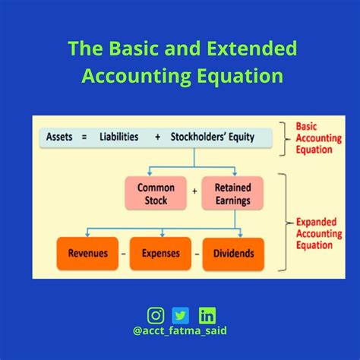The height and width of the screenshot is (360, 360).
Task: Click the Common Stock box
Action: tap(156, 194)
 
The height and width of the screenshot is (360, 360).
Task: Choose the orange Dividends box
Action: tap(234, 253)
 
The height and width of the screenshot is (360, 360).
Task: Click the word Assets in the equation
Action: tap(60, 137)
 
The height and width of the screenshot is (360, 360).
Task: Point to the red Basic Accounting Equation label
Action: tap(315, 137)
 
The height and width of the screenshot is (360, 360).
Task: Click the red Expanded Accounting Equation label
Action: tap(315, 232)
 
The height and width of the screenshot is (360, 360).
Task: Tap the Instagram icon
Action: tap(156, 314)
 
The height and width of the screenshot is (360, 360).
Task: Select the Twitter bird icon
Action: tap(181, 314)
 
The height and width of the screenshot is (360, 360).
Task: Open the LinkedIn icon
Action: tap(206, 314)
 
